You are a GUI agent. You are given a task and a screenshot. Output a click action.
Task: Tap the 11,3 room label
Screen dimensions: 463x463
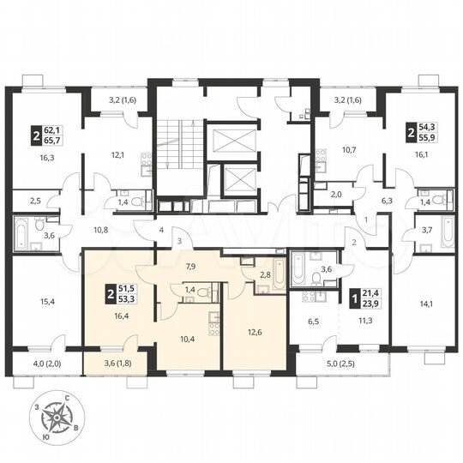click(364, 322)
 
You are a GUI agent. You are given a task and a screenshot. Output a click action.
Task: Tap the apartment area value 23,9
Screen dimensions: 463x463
click(374, 302)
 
